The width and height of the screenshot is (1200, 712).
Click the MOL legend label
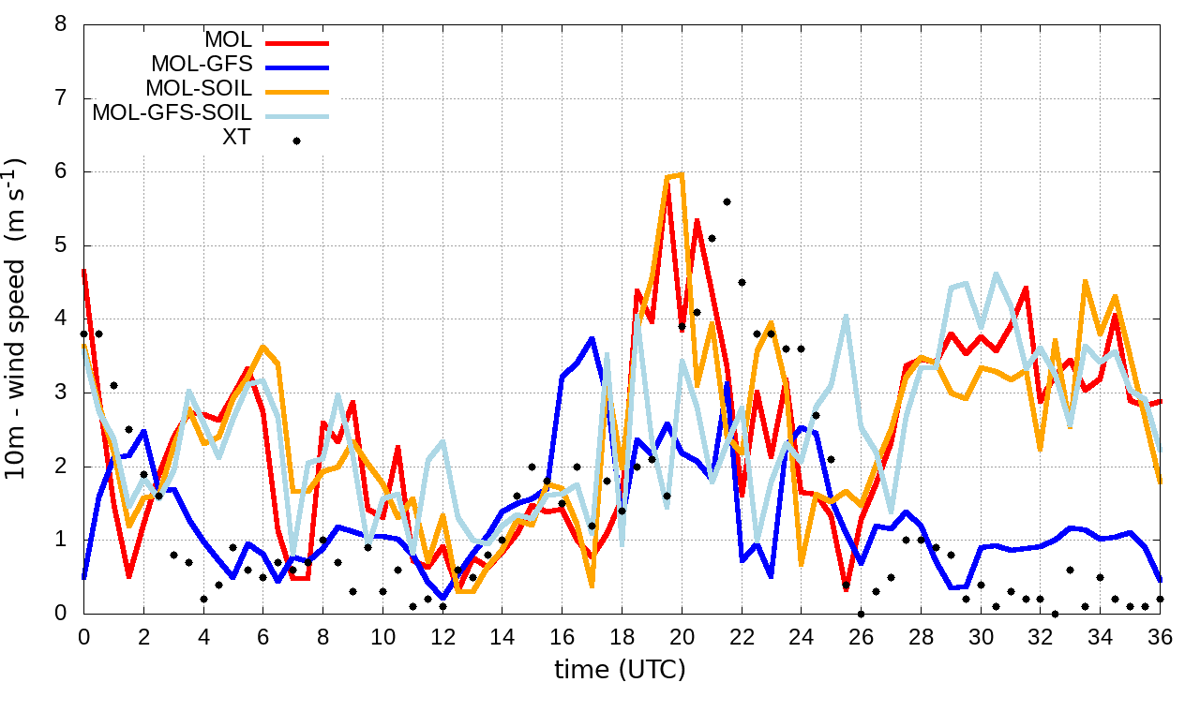click(x=228, y=41)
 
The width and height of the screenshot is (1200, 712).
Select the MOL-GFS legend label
click(x=201, y=66)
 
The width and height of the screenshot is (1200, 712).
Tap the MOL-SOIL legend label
click(x=199, y=90)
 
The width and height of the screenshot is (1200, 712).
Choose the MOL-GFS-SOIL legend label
click(x=172, y=113)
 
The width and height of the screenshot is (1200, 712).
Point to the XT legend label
click(x=238, y=139)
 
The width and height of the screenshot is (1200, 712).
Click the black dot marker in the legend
click(x=297, y=141)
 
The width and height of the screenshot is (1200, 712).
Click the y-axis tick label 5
click(x=62, y=245)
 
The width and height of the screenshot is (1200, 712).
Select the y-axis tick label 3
click(x=62, y=393)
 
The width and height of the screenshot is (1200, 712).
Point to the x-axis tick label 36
click(x=1161, y=637)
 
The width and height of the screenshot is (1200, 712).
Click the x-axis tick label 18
click(x=622, y=637)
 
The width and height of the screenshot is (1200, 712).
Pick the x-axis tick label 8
click(x=322, y=637)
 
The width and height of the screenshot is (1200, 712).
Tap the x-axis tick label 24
click(x=802, y=637)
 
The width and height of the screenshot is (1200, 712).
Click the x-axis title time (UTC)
click(x=620, y=670)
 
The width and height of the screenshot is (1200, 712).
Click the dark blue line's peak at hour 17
click(x=592, y=338)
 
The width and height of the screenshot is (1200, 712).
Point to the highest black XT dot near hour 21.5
click(x=727, y=201)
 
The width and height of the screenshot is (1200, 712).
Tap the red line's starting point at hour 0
click(x=84, y=271)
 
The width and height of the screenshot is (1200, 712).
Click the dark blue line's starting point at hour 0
click(x=84, y=577)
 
